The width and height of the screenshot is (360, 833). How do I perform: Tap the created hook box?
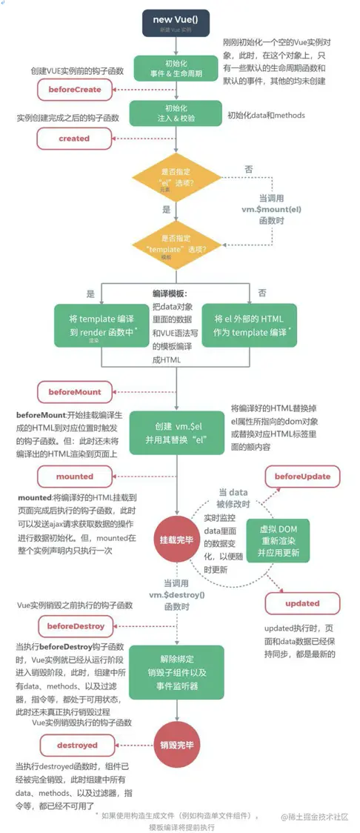(74, 139)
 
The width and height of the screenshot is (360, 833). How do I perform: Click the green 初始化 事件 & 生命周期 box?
(177, 68)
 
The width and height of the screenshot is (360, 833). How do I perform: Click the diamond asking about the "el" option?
(177, 178)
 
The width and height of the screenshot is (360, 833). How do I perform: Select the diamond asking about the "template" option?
(177, 244)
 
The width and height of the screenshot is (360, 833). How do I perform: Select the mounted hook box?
(74, 477)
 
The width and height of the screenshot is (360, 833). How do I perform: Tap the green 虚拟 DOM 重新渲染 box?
(279, 542)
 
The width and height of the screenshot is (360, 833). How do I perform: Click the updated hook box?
(302, 603)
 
